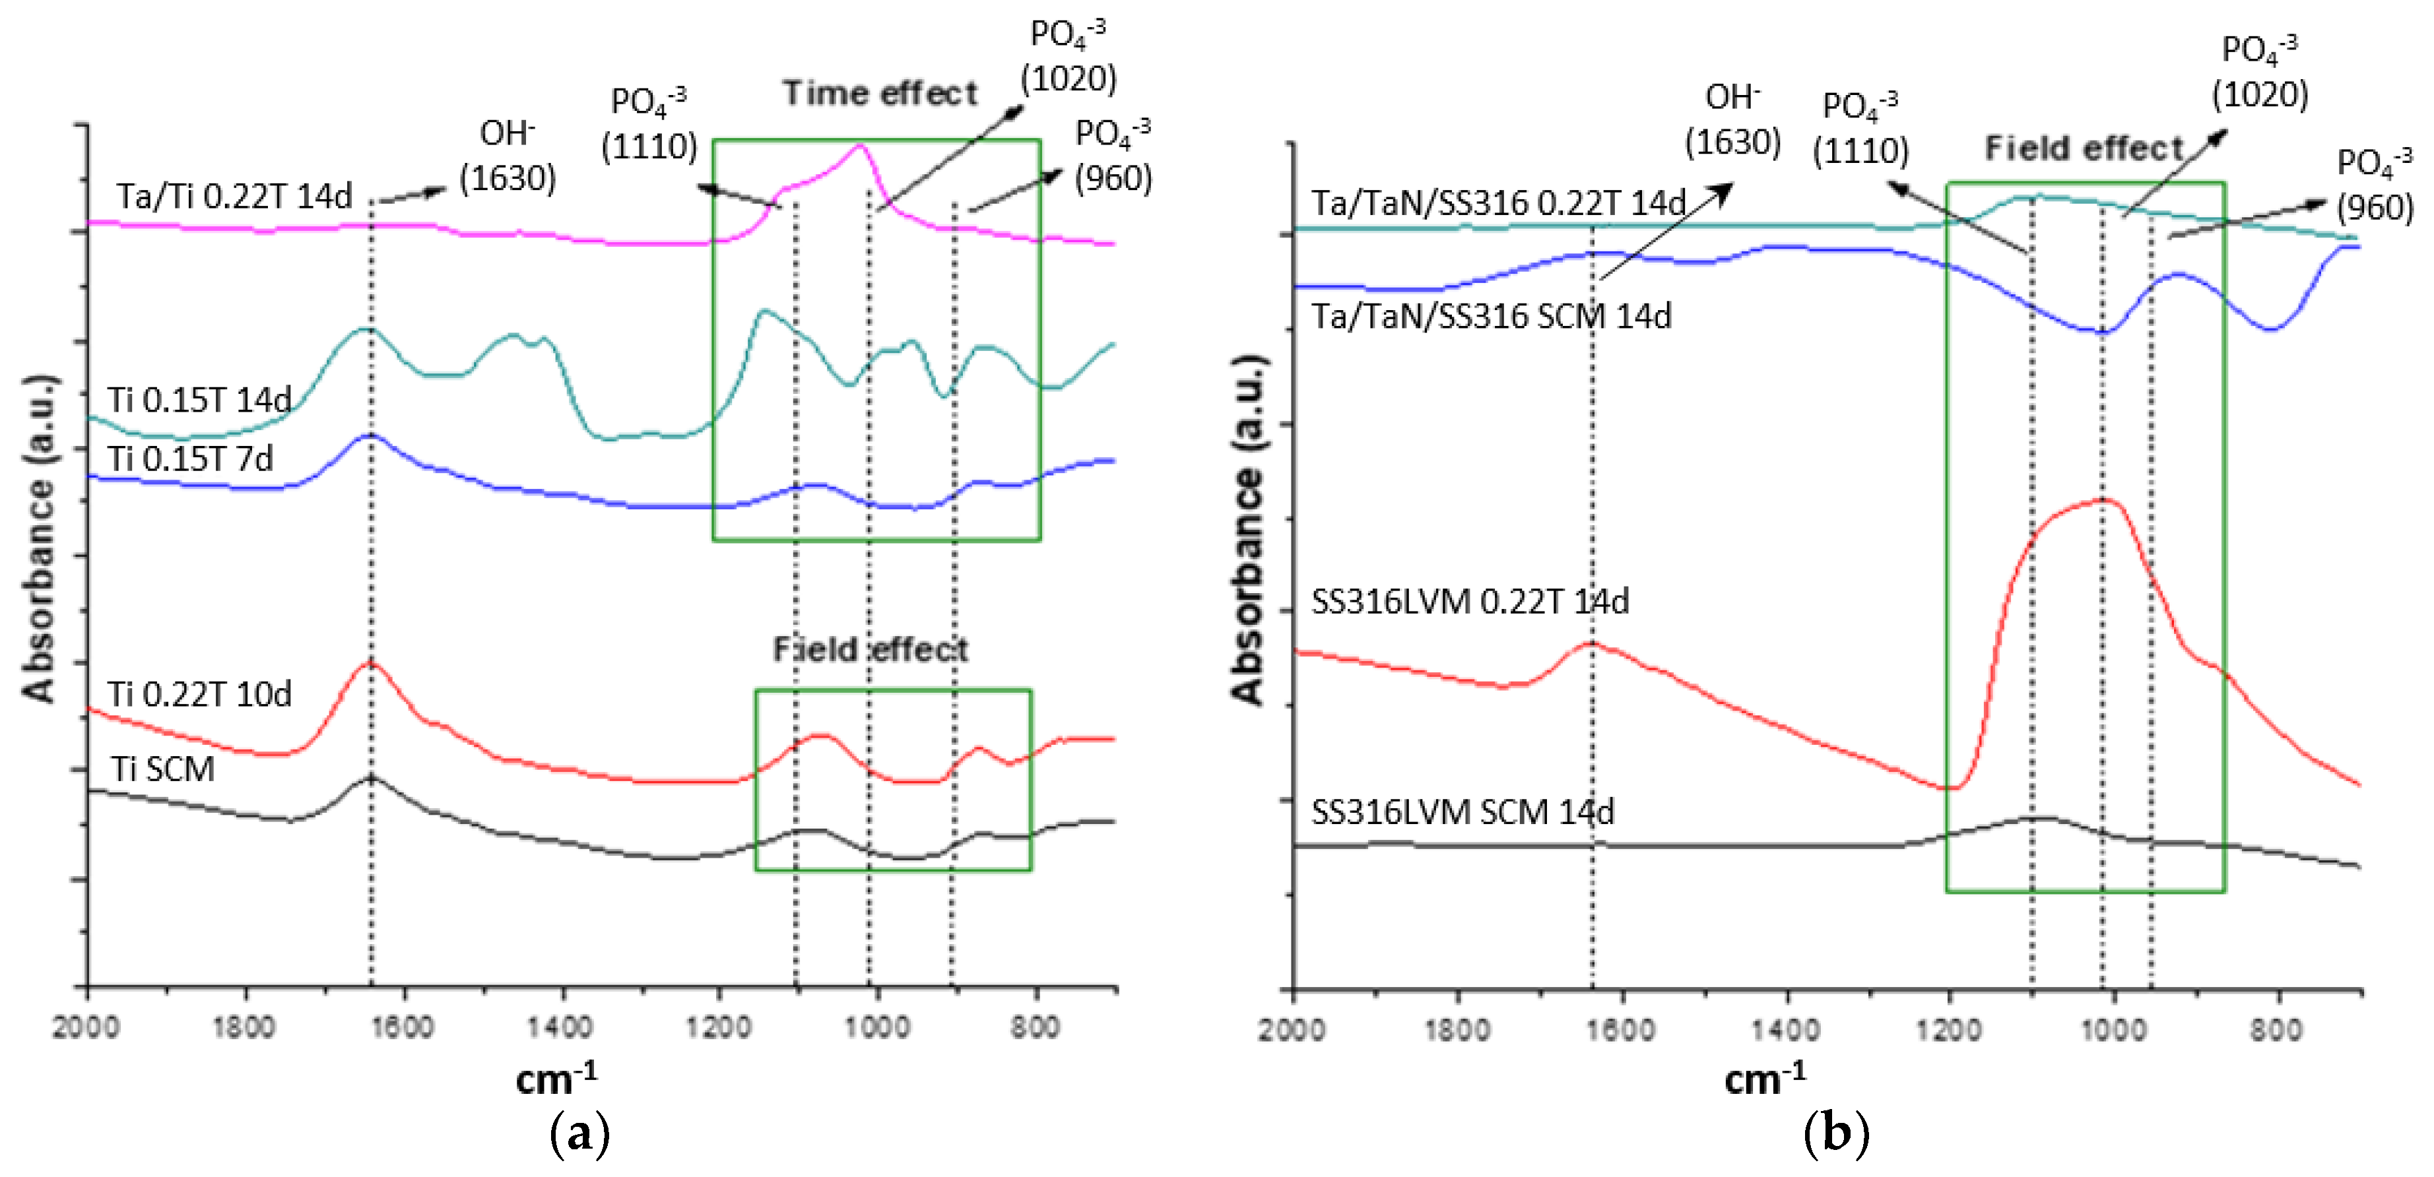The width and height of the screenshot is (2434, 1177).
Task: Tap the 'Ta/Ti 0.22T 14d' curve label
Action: pos(234,197)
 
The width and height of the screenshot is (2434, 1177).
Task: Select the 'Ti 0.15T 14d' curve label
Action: pos(199,400)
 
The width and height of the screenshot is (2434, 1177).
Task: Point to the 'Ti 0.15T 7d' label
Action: pos(190,459)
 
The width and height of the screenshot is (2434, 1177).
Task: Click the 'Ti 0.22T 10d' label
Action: pos(199,694)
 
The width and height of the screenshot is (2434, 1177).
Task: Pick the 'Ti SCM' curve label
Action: pos(162,769)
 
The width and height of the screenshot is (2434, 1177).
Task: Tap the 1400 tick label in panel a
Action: pos(560,1026)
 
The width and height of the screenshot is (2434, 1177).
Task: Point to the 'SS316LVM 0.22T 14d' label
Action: pos(1469,602)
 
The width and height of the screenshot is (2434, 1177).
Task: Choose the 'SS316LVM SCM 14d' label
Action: pos(1463,811)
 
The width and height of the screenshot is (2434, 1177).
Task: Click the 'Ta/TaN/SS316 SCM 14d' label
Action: pos(1490,315)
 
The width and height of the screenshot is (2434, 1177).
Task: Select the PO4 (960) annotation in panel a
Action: pos(1113,155)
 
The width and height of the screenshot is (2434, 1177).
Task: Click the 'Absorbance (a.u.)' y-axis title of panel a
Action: pos(39,538)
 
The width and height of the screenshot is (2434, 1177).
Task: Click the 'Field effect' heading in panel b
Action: pos(2084,148)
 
